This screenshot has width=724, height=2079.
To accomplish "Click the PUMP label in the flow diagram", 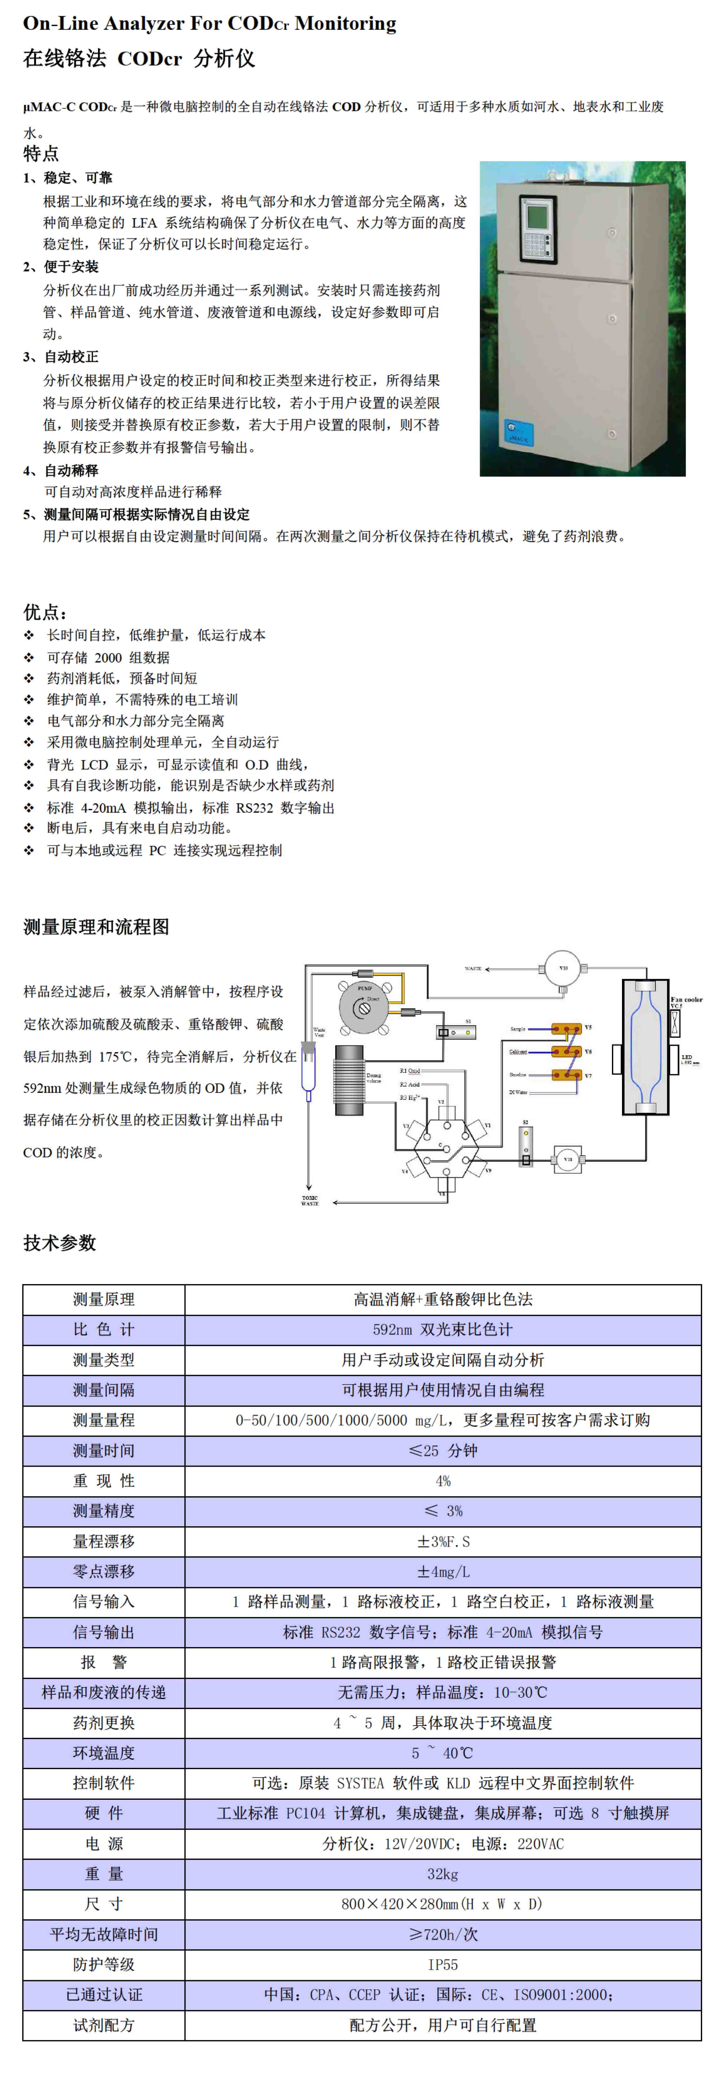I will point(365,987).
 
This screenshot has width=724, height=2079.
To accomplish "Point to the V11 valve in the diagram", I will point(568,1159).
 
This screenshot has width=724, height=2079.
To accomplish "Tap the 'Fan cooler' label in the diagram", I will point(686,999).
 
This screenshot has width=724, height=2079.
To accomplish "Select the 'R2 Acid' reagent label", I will point(409,1084).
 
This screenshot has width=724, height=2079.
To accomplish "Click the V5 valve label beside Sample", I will point(588,1027).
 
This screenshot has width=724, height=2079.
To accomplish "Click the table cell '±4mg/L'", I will point(442,1571).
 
